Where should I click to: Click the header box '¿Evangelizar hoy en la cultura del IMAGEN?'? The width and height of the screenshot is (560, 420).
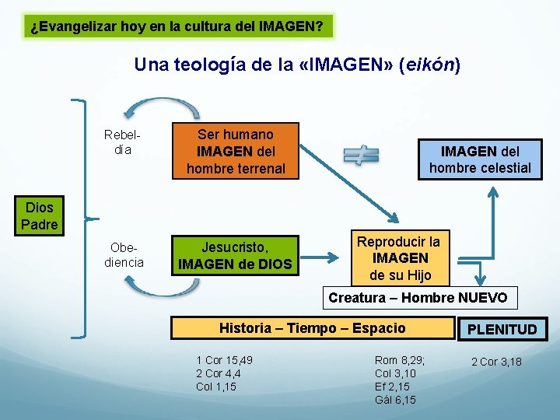(177, 26)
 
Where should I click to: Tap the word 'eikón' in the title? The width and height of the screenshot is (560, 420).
(429, 65)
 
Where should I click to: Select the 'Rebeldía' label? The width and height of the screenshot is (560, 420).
(117, 142)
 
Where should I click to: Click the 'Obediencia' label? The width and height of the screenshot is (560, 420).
(124, 254)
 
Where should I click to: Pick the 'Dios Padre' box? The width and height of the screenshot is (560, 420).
(39, 216)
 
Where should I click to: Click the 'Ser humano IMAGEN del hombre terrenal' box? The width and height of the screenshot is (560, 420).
(236, 151)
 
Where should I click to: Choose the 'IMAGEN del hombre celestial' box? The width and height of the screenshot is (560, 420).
(480, 159)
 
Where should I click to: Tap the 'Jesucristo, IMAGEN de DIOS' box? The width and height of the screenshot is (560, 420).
(235, 256)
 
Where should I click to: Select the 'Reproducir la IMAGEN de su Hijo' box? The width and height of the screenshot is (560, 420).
(399, 258)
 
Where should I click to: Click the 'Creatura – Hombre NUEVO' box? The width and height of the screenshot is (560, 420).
(418, 297)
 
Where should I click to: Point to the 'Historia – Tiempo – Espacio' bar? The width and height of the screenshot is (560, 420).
(312, 327)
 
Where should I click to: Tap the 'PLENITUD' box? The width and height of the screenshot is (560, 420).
(502, 329)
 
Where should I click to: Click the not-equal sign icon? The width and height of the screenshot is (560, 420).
(361, 156)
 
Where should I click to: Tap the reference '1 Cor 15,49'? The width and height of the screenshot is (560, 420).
(224, 360)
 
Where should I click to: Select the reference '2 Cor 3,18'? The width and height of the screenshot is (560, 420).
(496, 362)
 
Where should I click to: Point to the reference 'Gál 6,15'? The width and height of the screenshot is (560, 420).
(395, 400)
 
